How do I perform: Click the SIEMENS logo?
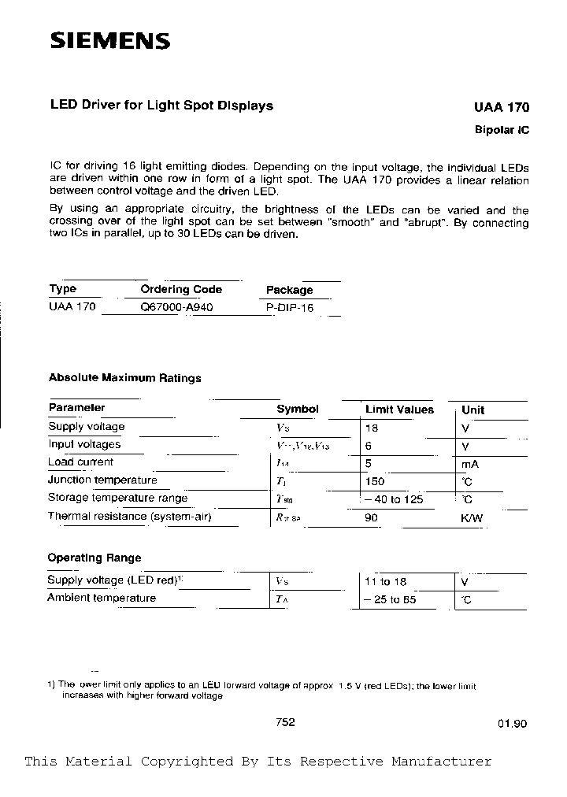click(x=109, y=42)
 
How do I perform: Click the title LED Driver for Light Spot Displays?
click(x=161, y=106)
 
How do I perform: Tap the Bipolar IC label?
click(x=502, y=130)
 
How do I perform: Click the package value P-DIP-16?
click(x=291, y=308)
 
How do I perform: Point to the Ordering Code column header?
click(x=181, y=289)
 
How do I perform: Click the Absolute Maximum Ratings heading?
click(x=124, y=378)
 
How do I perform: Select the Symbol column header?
click(x=297, y=409)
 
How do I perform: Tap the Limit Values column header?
click(x=399, y=410)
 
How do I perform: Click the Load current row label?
click(x=80, y=462)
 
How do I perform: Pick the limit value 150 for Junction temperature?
click(x=375, y=480)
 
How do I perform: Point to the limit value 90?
click(x=372, y=518)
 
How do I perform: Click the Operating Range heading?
click(x=94, y=558)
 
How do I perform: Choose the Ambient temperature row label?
click(x=102, y=598)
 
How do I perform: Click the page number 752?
click(x=285, y=722)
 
